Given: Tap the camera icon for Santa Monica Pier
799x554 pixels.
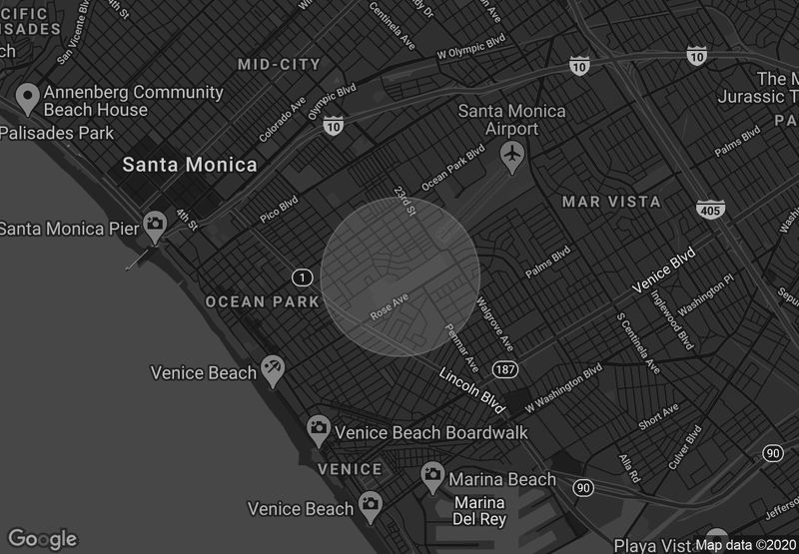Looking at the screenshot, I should coord(155,226).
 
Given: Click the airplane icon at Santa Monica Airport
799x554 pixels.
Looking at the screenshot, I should coord(512,155).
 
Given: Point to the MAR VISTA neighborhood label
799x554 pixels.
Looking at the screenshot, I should coord(611,202).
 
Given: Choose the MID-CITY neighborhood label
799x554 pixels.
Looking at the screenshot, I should coord(279,65).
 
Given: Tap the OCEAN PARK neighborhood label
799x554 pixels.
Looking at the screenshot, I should coord(262,301).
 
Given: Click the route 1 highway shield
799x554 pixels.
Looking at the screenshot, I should coord(301,276).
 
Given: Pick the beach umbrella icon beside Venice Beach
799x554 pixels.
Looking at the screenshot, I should coord(272,370).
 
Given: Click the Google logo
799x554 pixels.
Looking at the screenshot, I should coord(43,539).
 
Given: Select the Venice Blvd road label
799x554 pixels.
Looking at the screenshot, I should coord(663,274).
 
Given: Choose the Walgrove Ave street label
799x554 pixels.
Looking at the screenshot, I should coord(495,321).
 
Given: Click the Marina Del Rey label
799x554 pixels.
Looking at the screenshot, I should coord(480,510).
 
